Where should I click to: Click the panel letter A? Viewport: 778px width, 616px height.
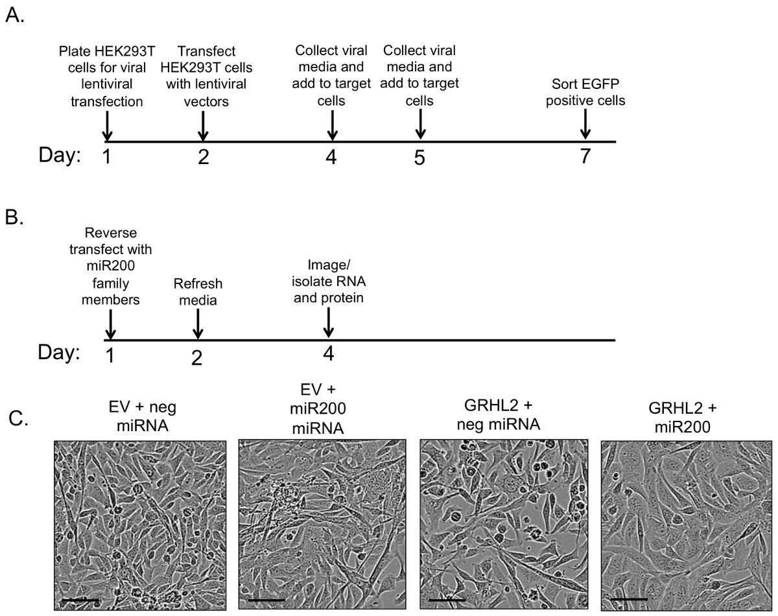[x=15, y=16]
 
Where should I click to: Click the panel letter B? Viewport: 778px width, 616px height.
[x=14, y=218]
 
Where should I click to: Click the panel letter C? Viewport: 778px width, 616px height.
[x=18, y=418]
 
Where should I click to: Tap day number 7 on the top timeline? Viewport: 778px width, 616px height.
[x=585, y=156]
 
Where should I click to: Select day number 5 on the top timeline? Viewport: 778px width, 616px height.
[x=419, y=158]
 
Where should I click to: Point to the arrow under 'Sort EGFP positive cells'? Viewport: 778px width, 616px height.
[x=585, y=124]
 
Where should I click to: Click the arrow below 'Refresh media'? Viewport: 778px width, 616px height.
[x=198, y=324]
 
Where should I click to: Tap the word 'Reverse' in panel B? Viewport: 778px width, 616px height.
[x=111, y=233]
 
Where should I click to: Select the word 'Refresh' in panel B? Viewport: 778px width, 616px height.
[x=198, y=283]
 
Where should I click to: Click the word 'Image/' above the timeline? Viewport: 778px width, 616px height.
[x=329, y=265]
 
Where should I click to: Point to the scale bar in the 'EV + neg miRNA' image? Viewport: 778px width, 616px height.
[x=80, y=600]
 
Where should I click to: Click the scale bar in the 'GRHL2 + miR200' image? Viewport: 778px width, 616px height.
[x=630, y=599]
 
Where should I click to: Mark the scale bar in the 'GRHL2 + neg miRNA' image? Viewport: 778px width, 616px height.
[x=447, y=600]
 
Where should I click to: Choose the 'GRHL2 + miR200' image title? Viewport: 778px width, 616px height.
[x=683, y=418]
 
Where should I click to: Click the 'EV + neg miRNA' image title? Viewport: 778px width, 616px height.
[x=143, y=416]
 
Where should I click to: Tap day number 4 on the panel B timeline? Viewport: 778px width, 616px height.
[x=328, y=354]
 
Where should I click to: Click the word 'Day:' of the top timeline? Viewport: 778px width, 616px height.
[x=60, y=156]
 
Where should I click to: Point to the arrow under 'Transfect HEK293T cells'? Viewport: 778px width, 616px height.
[x=203, y=126]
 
